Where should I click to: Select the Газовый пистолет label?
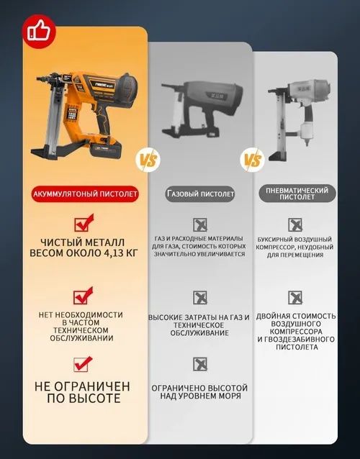pyautogui.click(x=201, y=194)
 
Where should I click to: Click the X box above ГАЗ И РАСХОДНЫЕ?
pyautogui.click(x=200, y=225)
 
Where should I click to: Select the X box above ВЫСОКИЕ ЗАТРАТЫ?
pyautogui.click(x=200, y=297)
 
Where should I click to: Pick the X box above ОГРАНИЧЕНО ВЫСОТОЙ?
pyautogui.click(x=200, y=365)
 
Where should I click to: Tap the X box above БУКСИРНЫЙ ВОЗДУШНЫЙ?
pyautogui.click(x=294, y=224)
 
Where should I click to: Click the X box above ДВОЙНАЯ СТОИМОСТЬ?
pyautogui.click(x=294, y=297)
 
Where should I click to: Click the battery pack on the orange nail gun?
pyautogui.click(x=105, y=152)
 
